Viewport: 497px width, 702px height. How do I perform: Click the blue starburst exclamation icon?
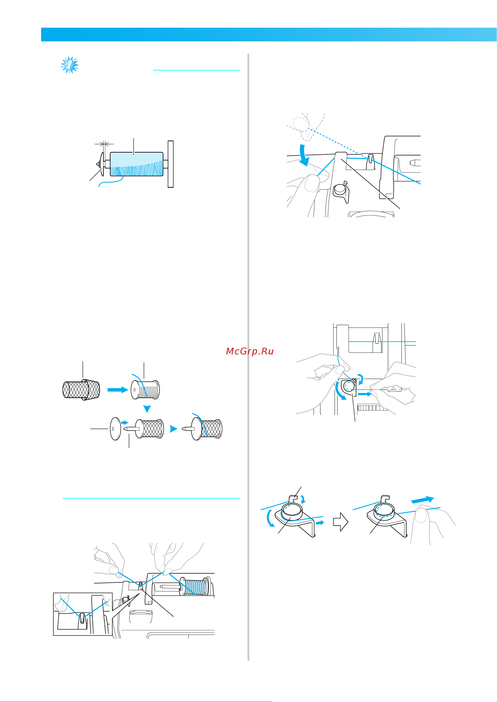(x=70, y=65)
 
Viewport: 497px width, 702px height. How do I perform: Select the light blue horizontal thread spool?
(x=136, y=164)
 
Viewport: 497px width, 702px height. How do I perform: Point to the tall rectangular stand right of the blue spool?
(x=171, y=164)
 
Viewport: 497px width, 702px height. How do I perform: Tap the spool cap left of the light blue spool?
(x=101, y=164)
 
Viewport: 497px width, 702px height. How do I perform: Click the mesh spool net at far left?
(x=81, y=389)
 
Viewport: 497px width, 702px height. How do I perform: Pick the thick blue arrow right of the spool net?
(x=118, y=390)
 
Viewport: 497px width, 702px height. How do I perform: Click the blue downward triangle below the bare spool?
(x=147, y=409)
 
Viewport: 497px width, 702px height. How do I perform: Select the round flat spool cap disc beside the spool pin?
(x=115, y=429)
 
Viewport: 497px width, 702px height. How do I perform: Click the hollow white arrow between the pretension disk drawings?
(x=341, y=522)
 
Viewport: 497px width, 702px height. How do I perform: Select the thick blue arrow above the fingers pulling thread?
(x=422, y=500)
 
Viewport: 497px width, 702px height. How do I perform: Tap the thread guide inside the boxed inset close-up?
(x=82, y=618)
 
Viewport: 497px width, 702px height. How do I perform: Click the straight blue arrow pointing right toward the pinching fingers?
(x=364, y=394)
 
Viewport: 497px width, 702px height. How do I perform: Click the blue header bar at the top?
(x=269, y=35)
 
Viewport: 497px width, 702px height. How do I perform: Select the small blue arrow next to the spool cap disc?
(x=125, y=422)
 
